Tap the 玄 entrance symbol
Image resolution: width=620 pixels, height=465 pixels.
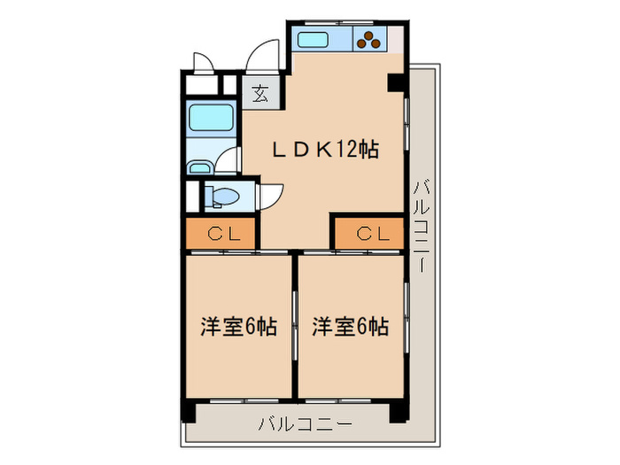point(260,93)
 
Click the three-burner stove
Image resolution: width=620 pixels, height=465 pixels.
point(369,38)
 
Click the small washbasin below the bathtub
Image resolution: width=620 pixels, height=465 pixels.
point(199,167)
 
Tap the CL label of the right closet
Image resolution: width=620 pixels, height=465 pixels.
point(372,234)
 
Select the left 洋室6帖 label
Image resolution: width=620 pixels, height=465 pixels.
point(237,328)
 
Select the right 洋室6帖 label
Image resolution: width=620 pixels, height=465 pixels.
point(350,328)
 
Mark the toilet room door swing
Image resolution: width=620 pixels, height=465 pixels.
point(269,194)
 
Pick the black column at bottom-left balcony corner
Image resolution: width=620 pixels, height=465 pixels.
point(188,411)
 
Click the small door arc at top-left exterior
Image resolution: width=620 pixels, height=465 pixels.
point(203,64)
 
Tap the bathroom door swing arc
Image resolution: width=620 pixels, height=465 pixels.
point(228,160)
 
